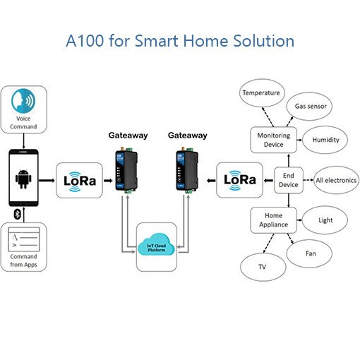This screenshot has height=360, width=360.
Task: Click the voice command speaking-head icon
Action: [23, 101]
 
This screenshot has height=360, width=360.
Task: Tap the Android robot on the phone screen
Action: [23, 179]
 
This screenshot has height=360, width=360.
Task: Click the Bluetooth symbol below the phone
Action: [17, 214]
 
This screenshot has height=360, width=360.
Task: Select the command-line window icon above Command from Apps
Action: [23, 239]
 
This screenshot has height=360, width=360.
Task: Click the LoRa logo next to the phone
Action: [80, 181]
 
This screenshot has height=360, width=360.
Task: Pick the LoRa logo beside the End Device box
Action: [240, 180]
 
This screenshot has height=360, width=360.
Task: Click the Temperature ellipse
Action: [261, 93]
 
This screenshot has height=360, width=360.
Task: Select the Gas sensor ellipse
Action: [309, 107]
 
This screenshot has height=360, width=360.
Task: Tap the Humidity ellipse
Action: [325, 140]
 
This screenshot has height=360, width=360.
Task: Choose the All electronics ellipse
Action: [336, 180]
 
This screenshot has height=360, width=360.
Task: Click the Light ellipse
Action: [325, 220]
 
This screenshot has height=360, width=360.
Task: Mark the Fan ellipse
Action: [309, 253]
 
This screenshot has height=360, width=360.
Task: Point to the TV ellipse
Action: [263, 267]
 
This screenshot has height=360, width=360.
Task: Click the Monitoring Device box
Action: [274, 140]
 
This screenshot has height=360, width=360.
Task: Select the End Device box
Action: [289, 180]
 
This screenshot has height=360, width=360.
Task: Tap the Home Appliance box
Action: [274, 220]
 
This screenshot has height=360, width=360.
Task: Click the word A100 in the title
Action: [85, 41]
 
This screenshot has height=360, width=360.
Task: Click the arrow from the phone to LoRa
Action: [47, 181]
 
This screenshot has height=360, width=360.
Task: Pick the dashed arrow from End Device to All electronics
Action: [308, 180]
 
